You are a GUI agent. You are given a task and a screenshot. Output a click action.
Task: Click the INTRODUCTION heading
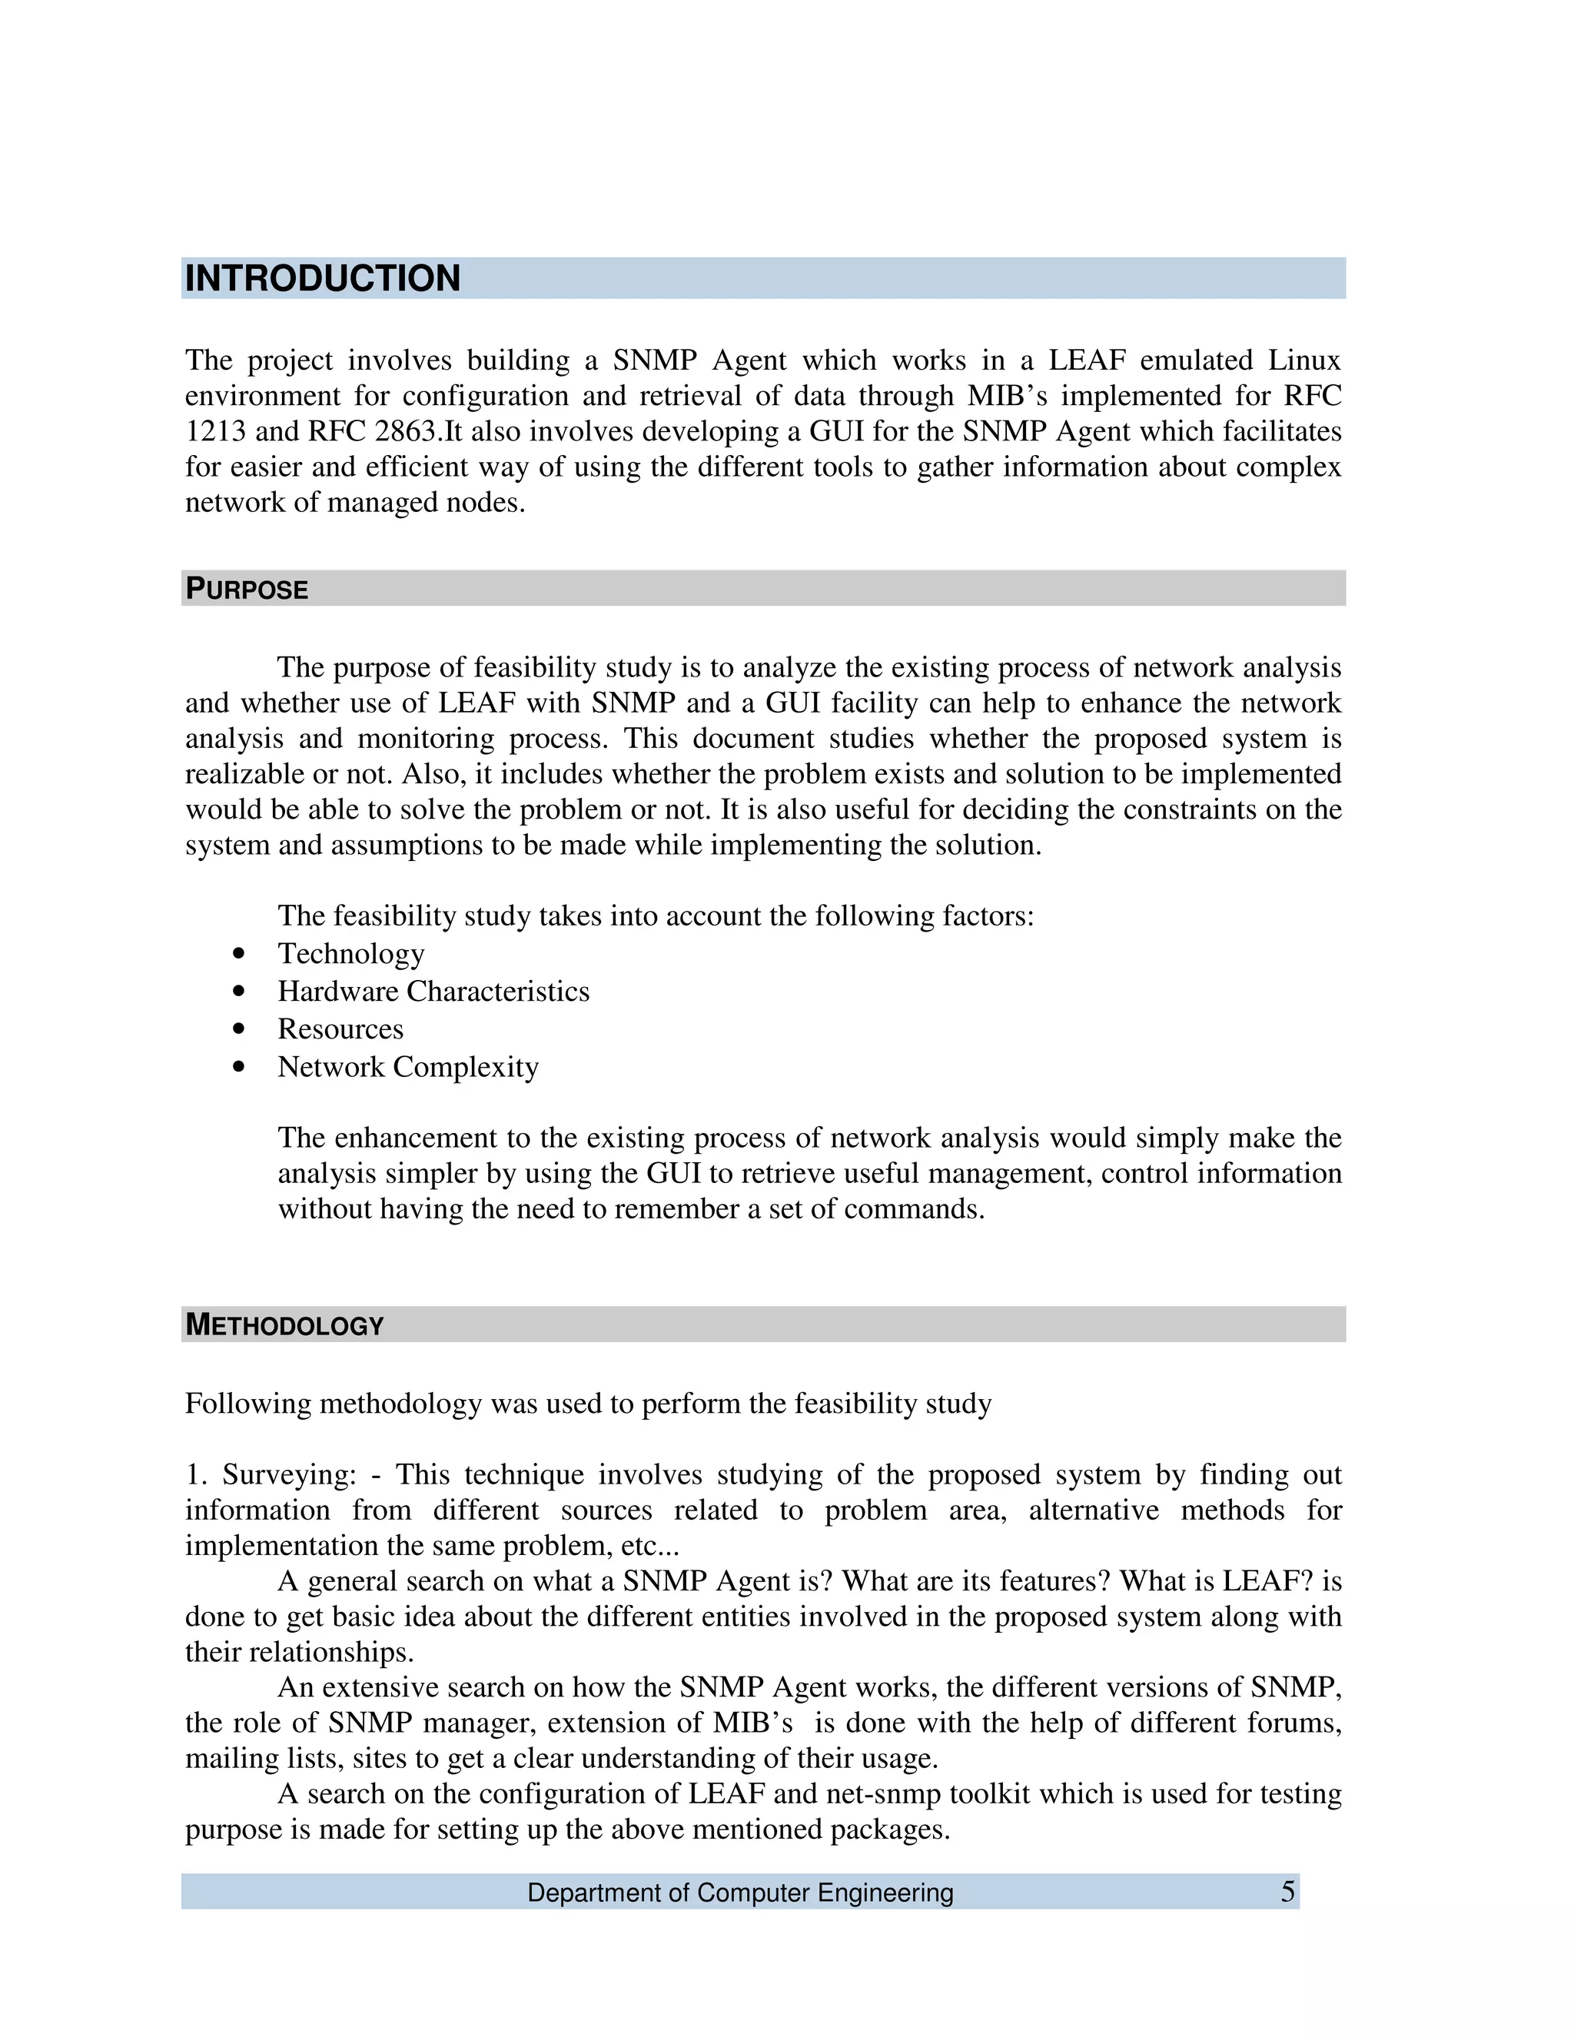[323, 279]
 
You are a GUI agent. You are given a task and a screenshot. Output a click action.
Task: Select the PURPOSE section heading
[247, 590]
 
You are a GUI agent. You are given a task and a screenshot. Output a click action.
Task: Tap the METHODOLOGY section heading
[284, 1325]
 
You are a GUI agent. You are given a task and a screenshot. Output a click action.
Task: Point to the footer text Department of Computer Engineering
[740, 1893]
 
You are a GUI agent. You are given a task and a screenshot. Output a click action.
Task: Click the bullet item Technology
[350, 953]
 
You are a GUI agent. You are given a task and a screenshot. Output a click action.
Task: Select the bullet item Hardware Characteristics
[433, 991]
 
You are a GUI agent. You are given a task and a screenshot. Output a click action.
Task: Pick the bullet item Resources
[340, 1028]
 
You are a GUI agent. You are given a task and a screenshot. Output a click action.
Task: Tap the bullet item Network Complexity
[408, 1066]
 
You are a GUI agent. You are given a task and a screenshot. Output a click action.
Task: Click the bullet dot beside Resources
[241, 1028]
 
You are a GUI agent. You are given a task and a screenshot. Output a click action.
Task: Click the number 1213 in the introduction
[214, 432]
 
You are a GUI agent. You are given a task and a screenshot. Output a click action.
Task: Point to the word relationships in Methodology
[317, 1652]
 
